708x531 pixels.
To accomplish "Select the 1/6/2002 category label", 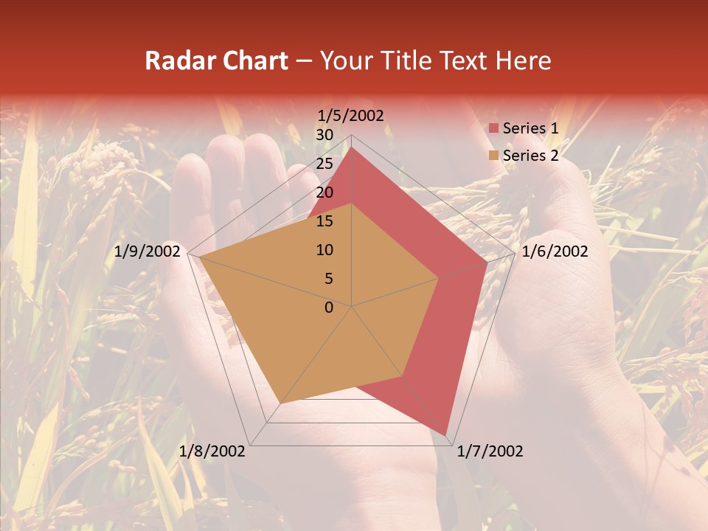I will pos(555,251).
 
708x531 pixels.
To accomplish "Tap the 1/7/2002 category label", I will pos(490,451).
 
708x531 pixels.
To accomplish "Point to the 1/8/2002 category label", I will pos(212,451).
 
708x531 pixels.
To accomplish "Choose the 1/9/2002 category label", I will pos(147,251).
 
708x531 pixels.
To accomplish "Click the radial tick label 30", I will pos(324,135).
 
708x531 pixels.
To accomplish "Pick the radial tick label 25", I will pos(324,164).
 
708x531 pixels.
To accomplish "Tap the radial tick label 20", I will pos(324,192).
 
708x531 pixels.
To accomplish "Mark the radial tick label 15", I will pos(324,221).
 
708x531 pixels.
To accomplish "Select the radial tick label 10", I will pos(324,250).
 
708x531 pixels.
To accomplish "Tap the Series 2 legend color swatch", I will pos(493,156).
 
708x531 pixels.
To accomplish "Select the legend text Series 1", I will pos(530,128).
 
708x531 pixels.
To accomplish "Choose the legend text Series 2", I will pos(530,156).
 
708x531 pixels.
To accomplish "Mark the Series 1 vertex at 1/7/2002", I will pos(445,435).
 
